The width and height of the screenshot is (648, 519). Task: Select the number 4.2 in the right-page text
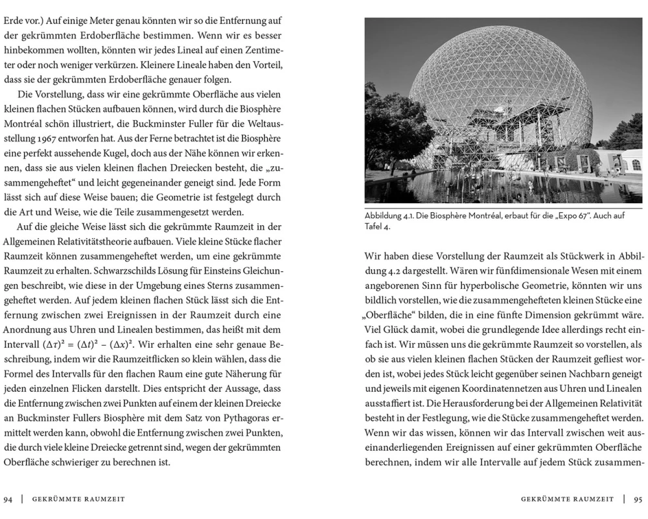[376, 270]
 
